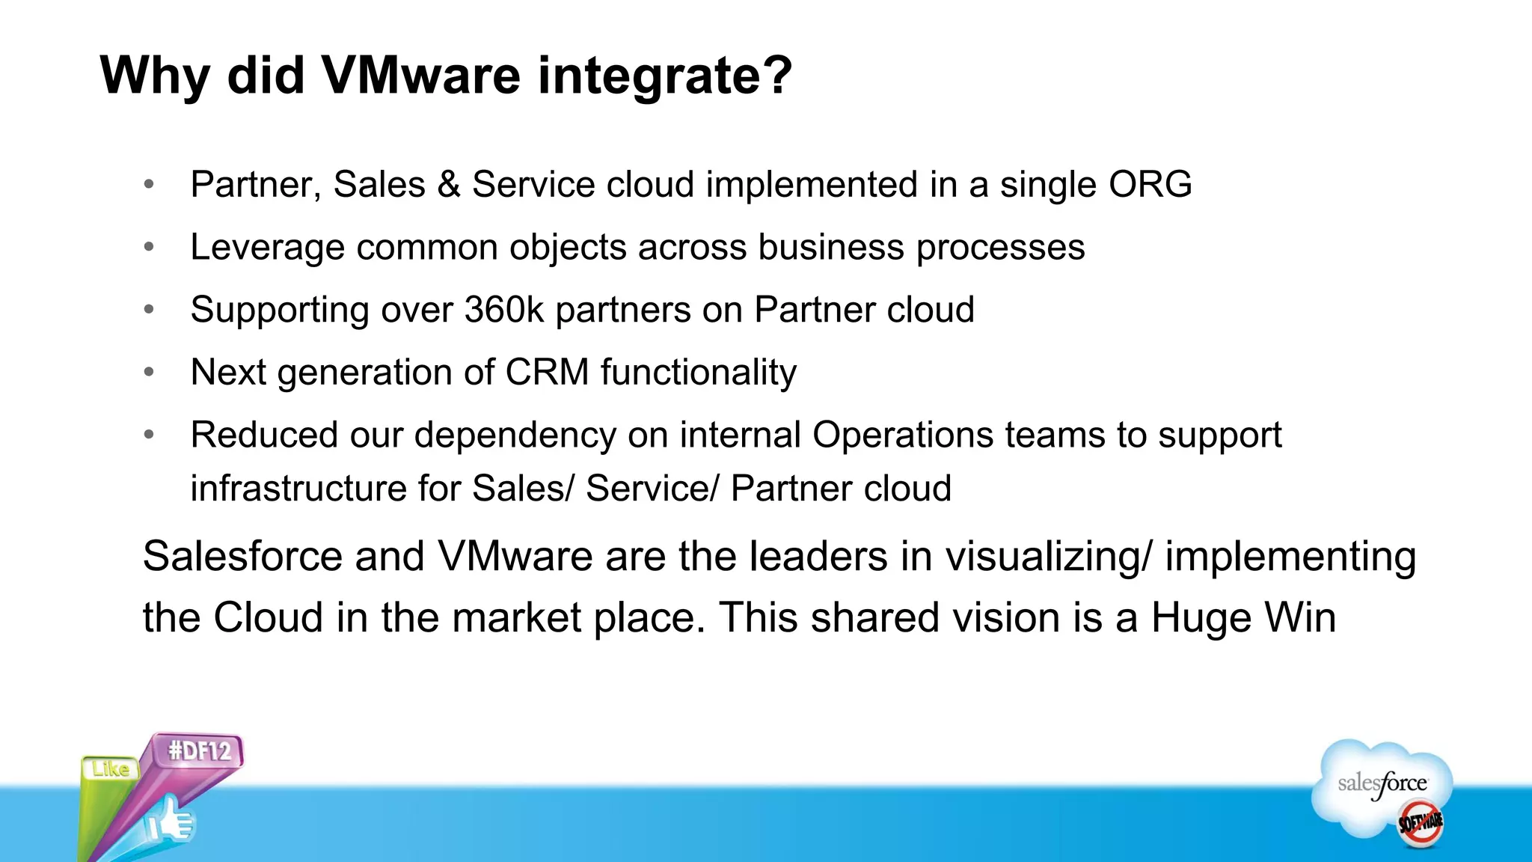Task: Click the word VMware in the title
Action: click(x=420, y=76)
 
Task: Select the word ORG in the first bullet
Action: click(x=1150, y=184)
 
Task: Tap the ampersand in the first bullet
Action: click(x=448, y=185)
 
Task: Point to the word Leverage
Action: click(x=267, y=248)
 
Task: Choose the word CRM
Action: click(x=547, y=372)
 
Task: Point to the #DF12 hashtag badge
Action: click(x=200, y=751)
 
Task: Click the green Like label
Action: click(x=111, y=768)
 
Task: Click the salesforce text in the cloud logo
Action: click(x=1382, y=783)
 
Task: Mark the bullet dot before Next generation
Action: click(x=149, y=372)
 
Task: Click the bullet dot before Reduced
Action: click(x=149, y=435)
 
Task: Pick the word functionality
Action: click(x=698, y=372)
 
